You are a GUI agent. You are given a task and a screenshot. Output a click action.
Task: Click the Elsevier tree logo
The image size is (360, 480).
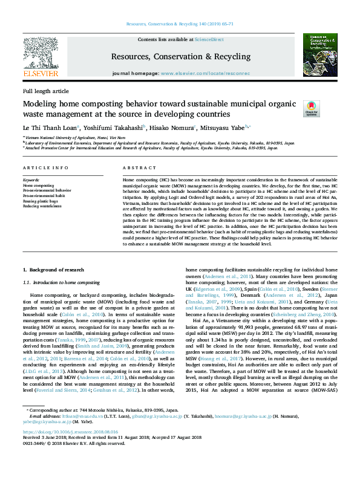[x=41, y=54]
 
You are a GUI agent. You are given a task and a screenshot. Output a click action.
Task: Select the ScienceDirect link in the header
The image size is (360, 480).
[x=209, y=39]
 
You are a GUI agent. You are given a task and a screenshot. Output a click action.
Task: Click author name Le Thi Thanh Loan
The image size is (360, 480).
[x=51, y=128]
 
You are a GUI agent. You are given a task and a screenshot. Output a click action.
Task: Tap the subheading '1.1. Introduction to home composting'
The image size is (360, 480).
[x=61, y=282]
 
